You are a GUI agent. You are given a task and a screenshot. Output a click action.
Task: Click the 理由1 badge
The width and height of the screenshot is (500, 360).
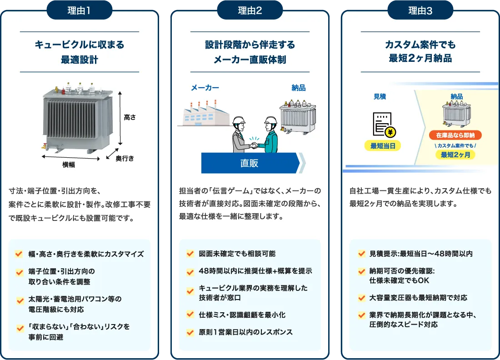tap(79, 10)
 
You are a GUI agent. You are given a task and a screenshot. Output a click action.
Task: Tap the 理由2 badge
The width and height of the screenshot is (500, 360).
tap(250, 10)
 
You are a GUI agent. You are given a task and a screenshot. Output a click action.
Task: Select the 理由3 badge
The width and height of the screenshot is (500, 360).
tap(420, 10)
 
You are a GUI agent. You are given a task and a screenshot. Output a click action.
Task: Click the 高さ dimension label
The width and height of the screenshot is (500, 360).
tap(130, 117)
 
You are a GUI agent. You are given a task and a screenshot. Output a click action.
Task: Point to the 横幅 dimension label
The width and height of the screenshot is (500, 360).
tap(69, 165)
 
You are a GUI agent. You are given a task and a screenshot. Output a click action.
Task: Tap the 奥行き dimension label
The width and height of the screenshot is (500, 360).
tap(125, 158)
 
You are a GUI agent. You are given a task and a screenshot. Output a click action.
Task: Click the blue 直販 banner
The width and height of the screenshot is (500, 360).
tap(250, 163)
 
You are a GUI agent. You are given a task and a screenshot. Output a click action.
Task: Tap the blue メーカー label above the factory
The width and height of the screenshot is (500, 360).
tap(205, 88)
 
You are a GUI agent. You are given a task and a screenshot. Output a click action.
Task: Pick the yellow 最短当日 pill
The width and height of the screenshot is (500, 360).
tap(383, 146)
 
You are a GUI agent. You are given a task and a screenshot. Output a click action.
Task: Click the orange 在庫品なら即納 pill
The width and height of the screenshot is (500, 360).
tap(455, 135)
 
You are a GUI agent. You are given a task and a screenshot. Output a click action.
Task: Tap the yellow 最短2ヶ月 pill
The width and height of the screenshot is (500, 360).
tap(455, 155)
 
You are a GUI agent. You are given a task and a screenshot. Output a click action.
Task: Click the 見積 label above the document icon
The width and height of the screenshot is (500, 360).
tap(380, 97)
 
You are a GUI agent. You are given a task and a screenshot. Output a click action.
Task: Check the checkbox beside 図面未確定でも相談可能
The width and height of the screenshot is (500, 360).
tap(190, 254)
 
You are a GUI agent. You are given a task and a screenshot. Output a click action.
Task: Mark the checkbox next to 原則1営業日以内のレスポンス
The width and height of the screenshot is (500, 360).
tap(190, 332)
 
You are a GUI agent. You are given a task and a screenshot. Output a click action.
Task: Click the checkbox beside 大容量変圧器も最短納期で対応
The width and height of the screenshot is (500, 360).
tap(361, 298)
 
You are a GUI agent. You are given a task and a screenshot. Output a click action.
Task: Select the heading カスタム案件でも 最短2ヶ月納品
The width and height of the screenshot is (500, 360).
tap(420, 52)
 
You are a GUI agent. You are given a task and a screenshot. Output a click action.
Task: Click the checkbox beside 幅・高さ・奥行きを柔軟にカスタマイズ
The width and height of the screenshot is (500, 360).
tap(20, 254)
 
